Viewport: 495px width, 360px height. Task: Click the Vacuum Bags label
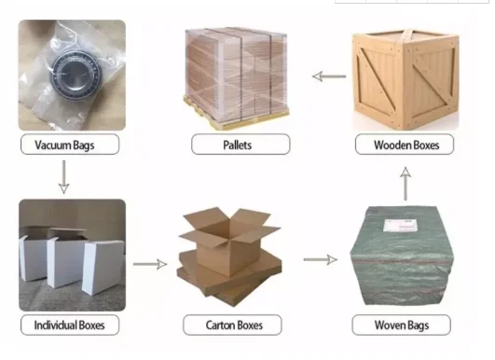click(63, 145)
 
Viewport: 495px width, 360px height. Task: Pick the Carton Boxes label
click(234, 325)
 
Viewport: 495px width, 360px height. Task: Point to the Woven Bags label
click(401, 325)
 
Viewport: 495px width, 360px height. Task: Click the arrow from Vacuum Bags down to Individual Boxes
click(63, 175)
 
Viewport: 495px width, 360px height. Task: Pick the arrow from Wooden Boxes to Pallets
click(326, 76)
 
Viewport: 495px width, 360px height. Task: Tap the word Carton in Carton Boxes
click(221, 325)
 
